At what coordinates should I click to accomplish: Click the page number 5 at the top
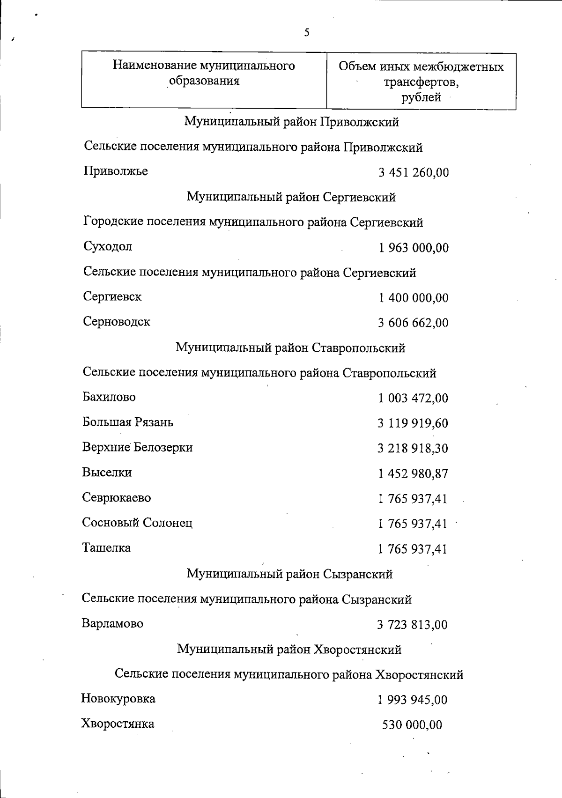point(307,32)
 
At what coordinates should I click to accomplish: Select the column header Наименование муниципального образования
point(204,73)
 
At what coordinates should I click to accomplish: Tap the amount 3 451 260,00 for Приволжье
point(414,173)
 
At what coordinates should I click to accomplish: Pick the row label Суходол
point(108,246)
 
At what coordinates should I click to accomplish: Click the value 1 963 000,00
point(414,248)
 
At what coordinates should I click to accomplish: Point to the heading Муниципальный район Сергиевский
point(291,197)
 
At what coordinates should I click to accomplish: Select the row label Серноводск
point(117,322)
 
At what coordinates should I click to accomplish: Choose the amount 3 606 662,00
point(413,323)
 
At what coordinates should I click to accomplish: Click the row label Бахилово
point(109,397)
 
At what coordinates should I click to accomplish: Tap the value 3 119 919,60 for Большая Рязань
point(413,423)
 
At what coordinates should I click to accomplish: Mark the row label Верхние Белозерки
point(137,447)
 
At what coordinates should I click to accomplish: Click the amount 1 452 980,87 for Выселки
point(413,474)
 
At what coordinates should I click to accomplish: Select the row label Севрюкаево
point(117,497)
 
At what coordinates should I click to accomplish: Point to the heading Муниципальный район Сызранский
point(289,574)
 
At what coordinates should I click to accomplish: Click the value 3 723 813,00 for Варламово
point(412,625)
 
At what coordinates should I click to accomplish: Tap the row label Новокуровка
point(118,699)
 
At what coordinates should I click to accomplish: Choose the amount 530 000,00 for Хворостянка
point(412,725)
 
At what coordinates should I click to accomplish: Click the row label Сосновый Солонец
point(137,523)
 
